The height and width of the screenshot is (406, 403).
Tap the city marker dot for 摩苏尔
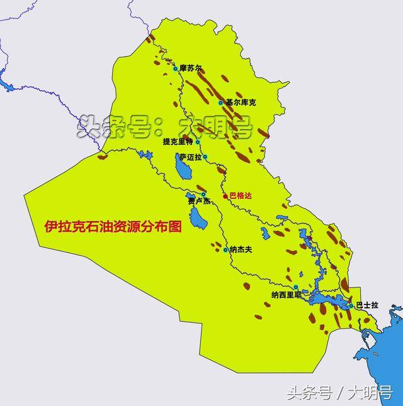(176, 68)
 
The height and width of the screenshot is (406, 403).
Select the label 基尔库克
(241, 102)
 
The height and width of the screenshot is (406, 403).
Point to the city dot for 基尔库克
(220, 103)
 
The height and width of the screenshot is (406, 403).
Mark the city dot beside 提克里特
(197, 142)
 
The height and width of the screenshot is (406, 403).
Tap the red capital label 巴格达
(241, 196)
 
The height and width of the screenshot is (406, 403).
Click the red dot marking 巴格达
(225, 196)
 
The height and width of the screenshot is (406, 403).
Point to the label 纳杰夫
(241, 250)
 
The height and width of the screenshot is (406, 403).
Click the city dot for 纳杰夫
(225, 250)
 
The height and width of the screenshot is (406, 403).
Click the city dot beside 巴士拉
(351, 305)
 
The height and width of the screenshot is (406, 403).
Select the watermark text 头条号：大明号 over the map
(165, 127)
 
